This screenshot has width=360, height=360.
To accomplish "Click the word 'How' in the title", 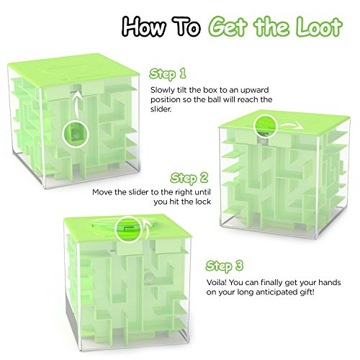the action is [x=144, y=27].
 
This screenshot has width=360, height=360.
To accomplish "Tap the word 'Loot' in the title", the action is [x=318, y=27].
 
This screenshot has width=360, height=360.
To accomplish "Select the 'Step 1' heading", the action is [x=168, y=73].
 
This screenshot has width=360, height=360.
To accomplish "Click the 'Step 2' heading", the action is [x=189, y=178].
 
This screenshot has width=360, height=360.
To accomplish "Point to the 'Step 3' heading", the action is [x=225, y=266].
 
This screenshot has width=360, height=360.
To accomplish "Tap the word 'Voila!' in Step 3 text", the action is [x=216, y=282].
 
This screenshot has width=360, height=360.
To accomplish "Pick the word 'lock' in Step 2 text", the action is [x=203, y=202].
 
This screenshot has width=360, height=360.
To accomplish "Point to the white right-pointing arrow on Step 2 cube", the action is [x=291, y=125].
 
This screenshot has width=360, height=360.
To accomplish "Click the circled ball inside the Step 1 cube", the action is [x=76, y=134].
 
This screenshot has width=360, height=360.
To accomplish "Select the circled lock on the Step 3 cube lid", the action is [x=129, y=230].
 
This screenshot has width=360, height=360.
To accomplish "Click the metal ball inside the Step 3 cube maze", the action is [x=148, y=277].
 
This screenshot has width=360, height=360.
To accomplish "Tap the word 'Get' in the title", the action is [x=227, y=27].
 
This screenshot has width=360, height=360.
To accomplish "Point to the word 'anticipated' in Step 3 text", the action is [x=275, y=292].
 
